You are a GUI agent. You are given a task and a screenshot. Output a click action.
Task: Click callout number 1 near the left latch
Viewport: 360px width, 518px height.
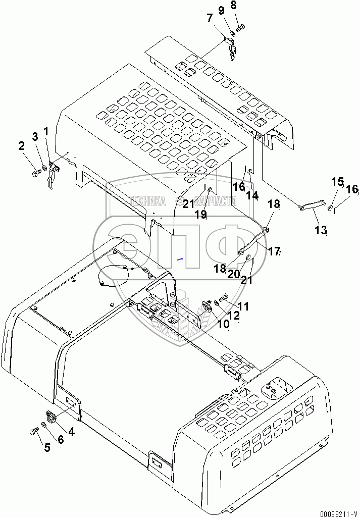point(46,131)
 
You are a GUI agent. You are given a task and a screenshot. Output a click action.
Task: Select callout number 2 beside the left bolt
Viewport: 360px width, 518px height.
point(21,146)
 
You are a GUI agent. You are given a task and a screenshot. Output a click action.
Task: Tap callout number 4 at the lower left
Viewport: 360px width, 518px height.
point(71,432)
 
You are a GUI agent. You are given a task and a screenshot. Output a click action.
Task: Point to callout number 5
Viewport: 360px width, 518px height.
point(47,447)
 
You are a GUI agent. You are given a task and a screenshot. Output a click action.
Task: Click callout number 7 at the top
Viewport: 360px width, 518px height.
point(210,19)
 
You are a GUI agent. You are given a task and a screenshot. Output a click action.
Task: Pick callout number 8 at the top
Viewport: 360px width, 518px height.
point(233,6)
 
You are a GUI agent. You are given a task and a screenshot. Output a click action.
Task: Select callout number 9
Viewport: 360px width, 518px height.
point(221,10)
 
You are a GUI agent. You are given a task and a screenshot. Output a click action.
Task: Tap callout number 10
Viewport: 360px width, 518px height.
point(224,324)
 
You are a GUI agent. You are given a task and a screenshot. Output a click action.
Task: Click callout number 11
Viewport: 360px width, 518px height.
point(243,306)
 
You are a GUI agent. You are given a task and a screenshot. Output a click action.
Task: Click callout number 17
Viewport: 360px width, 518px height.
point(274,250)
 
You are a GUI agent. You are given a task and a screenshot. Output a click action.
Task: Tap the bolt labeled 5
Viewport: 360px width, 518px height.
point(34,431)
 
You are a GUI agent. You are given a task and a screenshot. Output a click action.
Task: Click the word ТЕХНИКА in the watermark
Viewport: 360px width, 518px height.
point(147,201)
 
